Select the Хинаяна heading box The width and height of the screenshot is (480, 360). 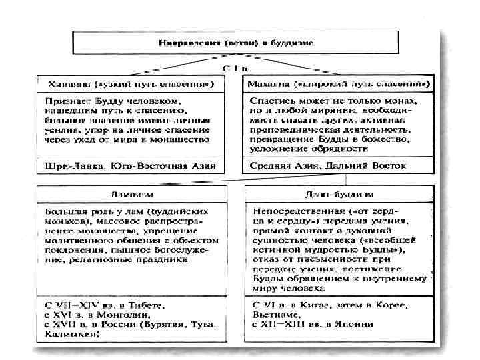(131, 85)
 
